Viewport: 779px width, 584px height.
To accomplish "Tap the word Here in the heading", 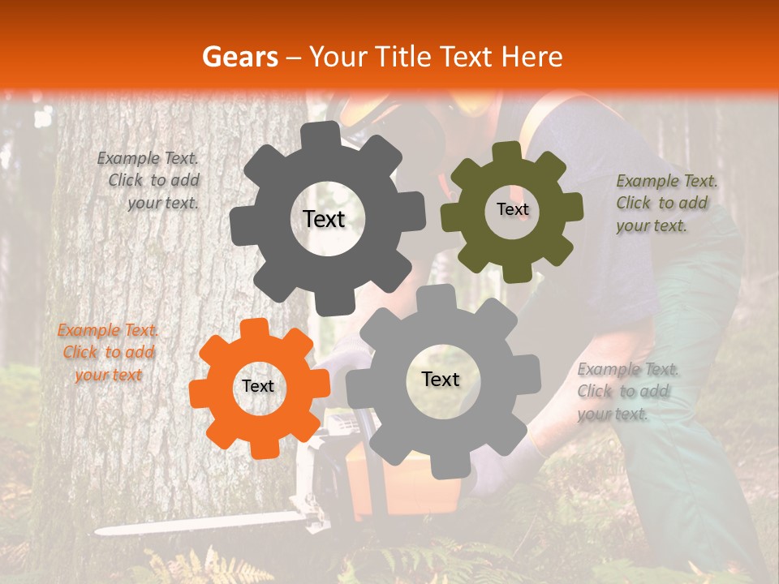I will (532, 57).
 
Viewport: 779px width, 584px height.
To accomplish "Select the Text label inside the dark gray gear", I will (324, 219).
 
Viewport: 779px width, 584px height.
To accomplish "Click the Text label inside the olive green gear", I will (512, 209).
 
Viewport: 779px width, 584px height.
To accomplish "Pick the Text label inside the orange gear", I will (258, 386).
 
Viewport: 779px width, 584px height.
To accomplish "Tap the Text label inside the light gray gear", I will (441, 379).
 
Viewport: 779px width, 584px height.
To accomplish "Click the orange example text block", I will (108, 352).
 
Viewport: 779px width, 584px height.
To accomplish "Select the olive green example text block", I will (665, 203).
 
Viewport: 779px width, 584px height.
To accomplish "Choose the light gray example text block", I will (627, 391).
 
